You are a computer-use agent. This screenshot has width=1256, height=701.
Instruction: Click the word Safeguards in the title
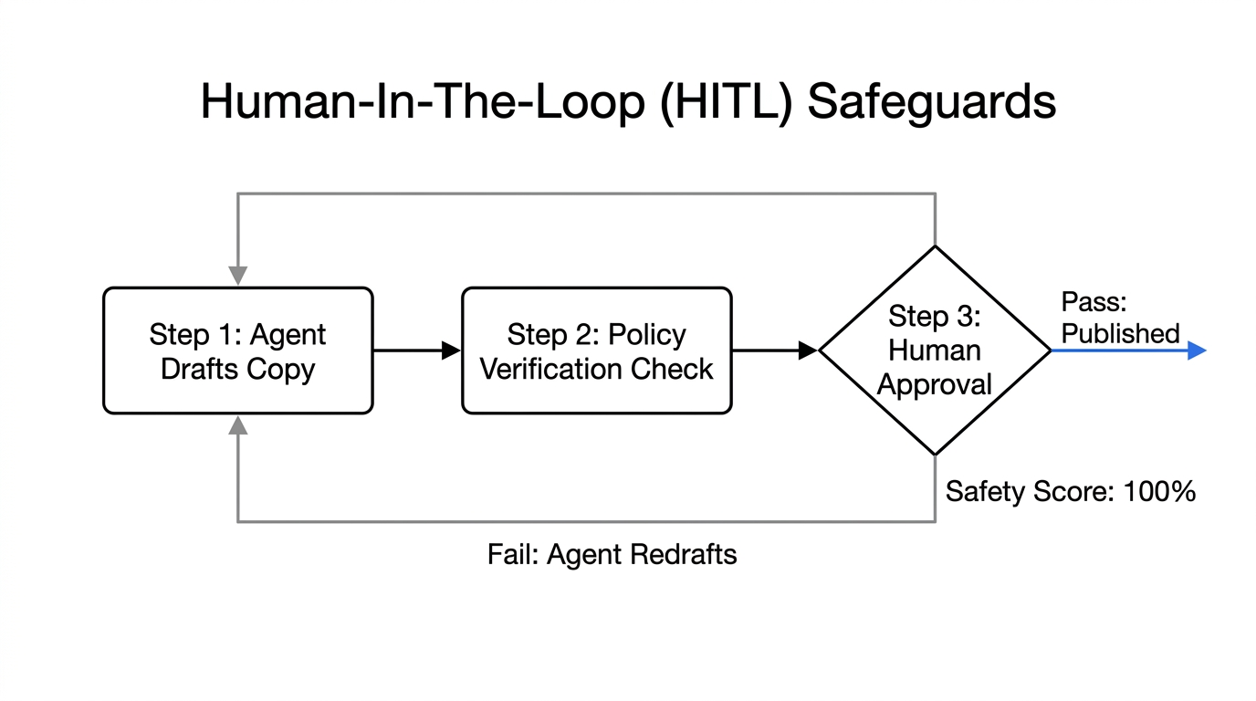coord(931,101)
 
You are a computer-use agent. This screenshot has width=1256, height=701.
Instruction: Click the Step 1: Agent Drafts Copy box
coord(237,351)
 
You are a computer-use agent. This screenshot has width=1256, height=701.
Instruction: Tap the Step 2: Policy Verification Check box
coord(596,351)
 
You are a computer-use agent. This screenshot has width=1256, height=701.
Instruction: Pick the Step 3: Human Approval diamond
coord(935,350)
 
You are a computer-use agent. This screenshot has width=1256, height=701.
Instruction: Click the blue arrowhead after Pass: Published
coord(1197,350)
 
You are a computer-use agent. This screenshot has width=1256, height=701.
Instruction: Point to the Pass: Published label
coord(1120,319)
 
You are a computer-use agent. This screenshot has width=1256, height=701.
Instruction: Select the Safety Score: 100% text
coord(1070,492)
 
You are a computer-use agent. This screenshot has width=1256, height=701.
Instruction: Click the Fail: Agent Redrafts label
coord(612,554)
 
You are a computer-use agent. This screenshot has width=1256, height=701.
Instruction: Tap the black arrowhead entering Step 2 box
coord(451,350)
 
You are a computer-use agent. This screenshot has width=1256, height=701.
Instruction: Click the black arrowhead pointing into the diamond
coord(808,350)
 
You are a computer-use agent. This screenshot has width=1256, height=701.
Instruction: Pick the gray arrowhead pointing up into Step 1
coord(238,425)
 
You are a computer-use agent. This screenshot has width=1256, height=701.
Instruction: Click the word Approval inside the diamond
coord(935,384)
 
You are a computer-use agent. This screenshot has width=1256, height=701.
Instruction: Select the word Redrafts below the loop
coord(689,554)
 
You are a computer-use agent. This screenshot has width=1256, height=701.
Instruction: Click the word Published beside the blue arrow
coord(1120,334)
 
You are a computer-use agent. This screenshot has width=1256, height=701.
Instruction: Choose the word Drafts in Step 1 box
coord(198,369)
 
